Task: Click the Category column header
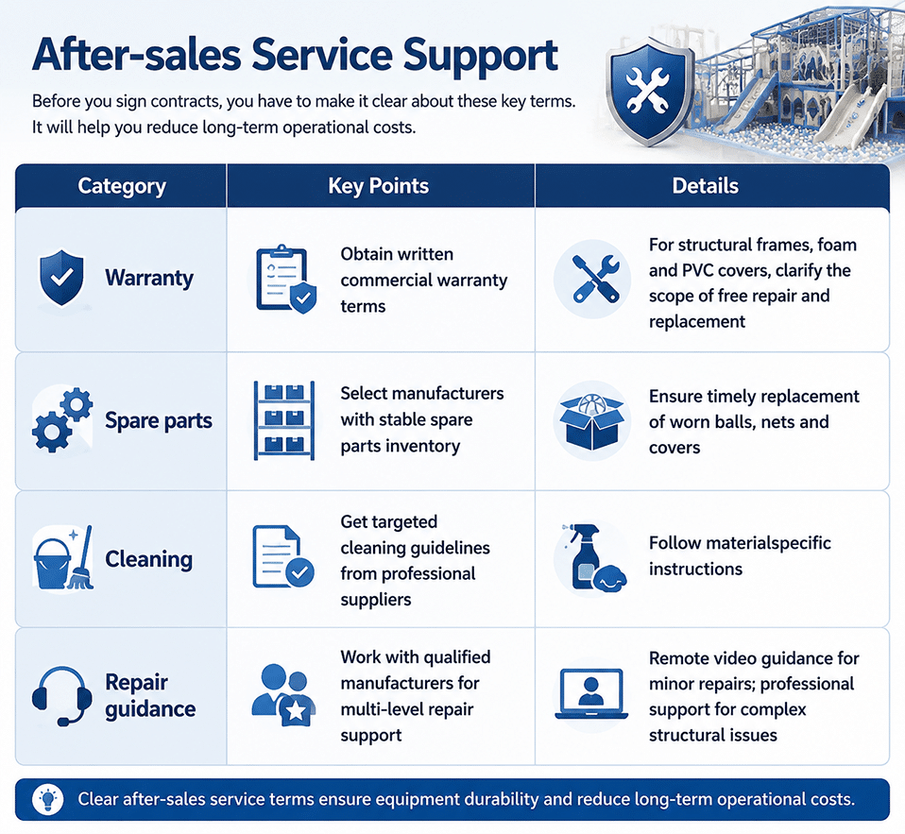pyautogui.click(x=122, y=186)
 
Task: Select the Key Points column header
pyautogui.click(x=379, y=186)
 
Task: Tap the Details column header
pyautogui.click(x=706, y=186)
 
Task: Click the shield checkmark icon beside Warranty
pyautogui.click(x=61, y=278)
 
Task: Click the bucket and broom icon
pyautogui.click(x=63, y=558)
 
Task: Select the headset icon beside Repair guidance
pyautogui.click(x=61, y=696)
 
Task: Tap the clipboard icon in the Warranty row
pyautogui.click(x=286, y=280)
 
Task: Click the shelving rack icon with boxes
pyautogui.click(x=284, y=420)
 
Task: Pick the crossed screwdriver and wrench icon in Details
pyautogui.click(x=596, y=280)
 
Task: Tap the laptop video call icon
pyautogui.click(x=591, y=694)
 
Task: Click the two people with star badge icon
pyautogui.click(x=284, y=695)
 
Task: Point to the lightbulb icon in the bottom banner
pyautogui.click(x=48, y=799)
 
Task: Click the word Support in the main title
pyautogui.click(x=480, y=57)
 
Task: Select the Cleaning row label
pyautogui.click(x=149, y=559)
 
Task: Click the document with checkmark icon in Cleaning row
pyautogui.click(x=282, y=556)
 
